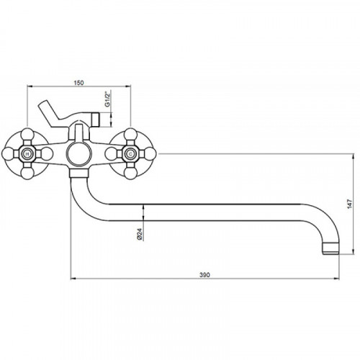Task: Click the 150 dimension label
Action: tap(78, 83)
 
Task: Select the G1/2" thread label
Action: tap(107, 99)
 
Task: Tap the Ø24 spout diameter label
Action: tap(140, 234)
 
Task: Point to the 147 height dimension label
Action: tap(350, 204)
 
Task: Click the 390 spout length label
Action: tap(204, 275)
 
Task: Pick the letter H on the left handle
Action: tap(27, 154)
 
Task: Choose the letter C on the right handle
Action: tap(130, 154)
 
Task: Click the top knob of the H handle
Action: tap(27, 135)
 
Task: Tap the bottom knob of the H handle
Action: tap(27, 173)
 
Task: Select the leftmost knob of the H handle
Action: tap(8, 154)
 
